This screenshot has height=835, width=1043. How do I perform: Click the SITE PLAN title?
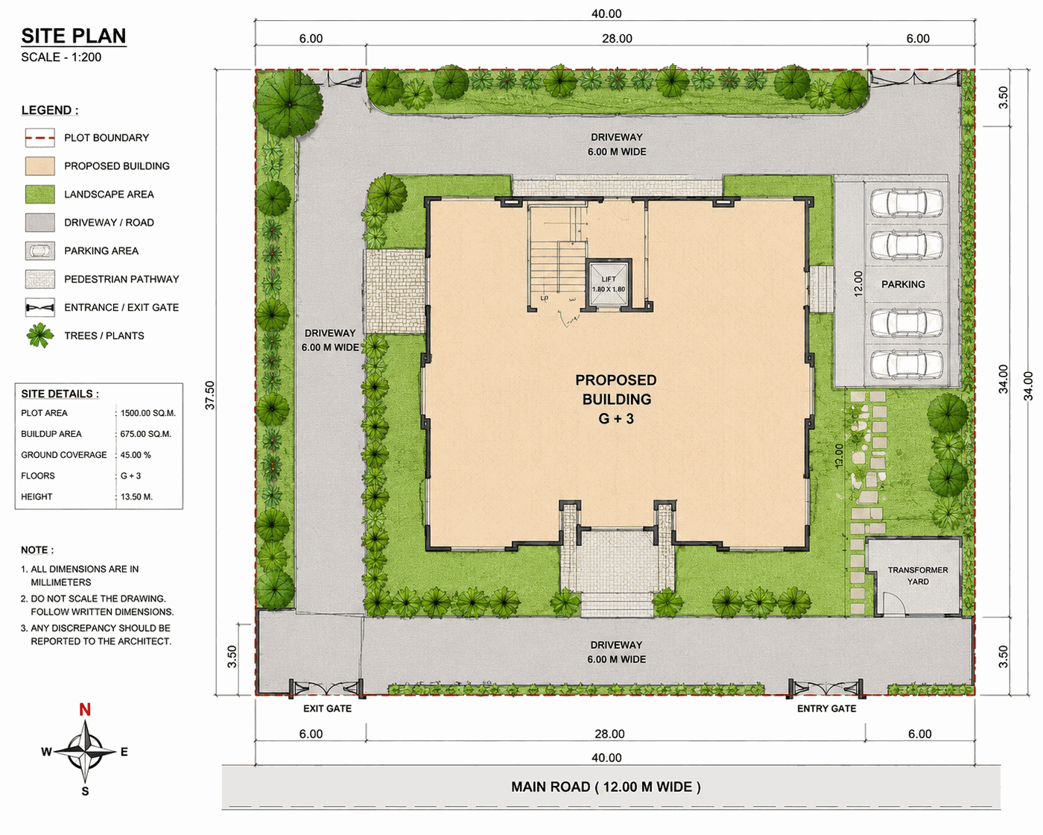74,36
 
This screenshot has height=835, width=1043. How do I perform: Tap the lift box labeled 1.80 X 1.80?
609,284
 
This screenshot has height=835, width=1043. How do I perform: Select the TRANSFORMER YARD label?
918,576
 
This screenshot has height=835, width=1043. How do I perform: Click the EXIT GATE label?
327,708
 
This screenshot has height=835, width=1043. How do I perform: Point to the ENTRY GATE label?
826,708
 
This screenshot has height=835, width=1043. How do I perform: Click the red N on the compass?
85,709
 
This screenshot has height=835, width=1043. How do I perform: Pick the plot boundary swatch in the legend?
39,138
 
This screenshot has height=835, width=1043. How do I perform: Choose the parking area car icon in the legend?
39,250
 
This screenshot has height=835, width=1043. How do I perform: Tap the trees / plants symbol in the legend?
39,335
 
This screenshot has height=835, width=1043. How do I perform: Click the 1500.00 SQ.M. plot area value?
148,413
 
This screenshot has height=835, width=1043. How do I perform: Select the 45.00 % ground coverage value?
136,455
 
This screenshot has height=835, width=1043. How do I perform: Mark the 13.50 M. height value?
136,497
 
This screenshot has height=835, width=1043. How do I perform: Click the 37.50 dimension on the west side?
209,395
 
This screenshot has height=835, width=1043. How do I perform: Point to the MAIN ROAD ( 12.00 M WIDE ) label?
606,787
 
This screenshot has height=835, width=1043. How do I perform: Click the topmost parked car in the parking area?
907,203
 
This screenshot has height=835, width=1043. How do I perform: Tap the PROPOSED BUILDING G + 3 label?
616,399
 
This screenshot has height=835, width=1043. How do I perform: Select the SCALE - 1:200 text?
61,57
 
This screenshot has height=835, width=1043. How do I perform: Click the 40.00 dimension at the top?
606,13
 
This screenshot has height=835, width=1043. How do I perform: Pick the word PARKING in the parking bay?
903,284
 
